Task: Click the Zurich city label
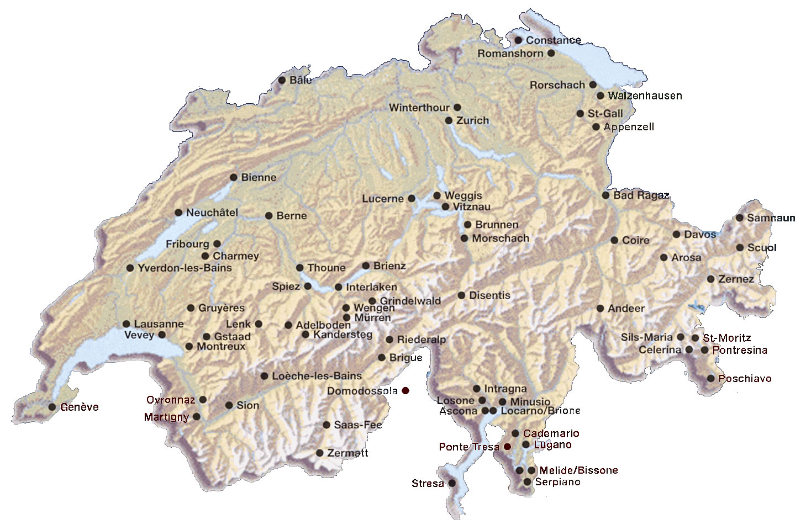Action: (x=472, y=120)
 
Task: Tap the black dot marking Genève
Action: (x=52, y=407)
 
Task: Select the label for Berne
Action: (x=291, y=216)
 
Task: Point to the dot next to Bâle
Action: (x=282, y=80)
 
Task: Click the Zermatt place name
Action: (x=347, y=453)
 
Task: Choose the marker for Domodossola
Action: (x=405, y=391)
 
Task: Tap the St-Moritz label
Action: (x=727, y=338)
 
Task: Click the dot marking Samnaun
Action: (x=739, y=218)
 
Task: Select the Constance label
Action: (x=553, y=40)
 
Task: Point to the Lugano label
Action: (x=552, y=445)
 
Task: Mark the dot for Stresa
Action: (x=452, y=483)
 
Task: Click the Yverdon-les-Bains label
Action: (x=185, y=268)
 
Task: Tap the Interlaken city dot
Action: (x=339, y=287)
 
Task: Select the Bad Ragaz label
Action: (x=641, y=195)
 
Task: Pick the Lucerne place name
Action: (x=383, y=199)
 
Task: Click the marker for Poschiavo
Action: (x=710, y=378)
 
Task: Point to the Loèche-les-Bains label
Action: (x=317, y=376)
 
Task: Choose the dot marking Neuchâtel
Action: (x=178, y=213)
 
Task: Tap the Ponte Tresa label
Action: (x=468, y=447)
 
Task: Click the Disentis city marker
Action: (x=461, y=295)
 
